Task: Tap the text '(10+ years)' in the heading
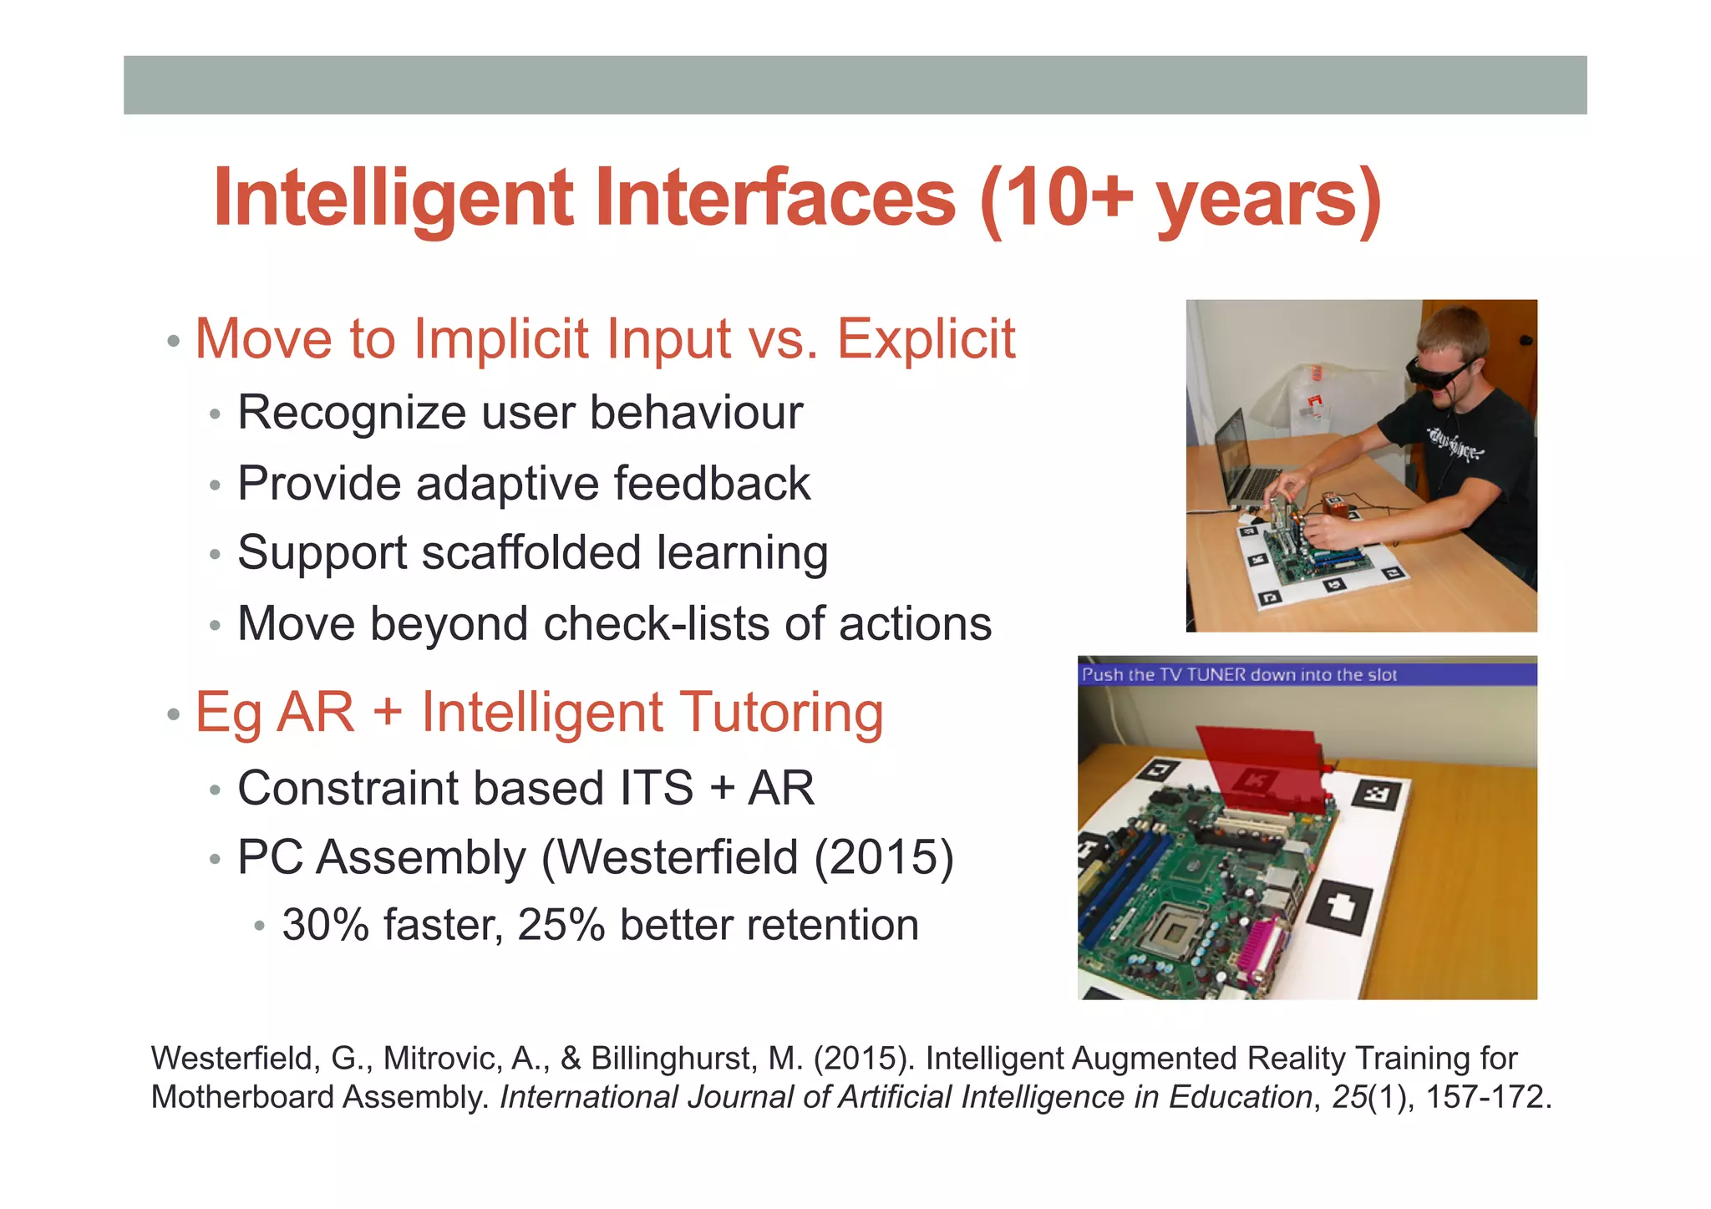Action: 1180,198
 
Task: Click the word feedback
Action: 712,484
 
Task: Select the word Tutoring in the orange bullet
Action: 778,713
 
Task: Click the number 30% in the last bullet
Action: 325,926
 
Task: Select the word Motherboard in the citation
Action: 242,1097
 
